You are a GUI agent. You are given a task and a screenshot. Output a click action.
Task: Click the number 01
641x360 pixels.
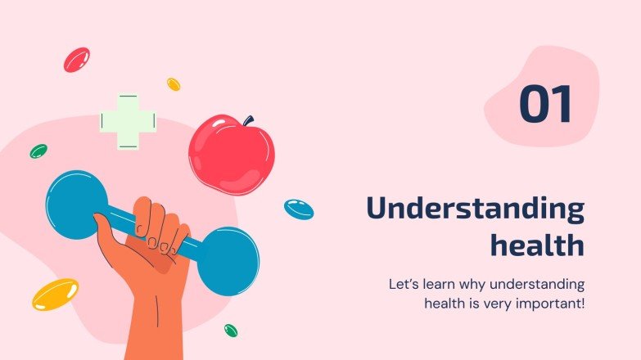545,106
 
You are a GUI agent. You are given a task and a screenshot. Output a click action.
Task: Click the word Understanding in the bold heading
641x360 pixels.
475,209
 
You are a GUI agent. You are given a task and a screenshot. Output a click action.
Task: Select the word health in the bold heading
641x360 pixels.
537,244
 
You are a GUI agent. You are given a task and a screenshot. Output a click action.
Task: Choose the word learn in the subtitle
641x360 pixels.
442,286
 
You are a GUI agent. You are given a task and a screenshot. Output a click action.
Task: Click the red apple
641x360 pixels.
230,155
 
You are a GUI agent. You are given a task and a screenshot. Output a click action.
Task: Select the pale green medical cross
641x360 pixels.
127,121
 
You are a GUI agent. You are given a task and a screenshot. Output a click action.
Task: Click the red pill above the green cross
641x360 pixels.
76,59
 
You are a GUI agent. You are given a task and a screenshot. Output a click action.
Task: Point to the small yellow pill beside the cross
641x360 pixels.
174,83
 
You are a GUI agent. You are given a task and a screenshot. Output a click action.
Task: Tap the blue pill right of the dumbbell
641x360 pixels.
299,209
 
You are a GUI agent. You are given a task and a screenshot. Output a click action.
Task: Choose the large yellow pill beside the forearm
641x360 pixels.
55,294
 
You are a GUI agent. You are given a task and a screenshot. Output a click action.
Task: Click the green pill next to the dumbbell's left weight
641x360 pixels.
38,151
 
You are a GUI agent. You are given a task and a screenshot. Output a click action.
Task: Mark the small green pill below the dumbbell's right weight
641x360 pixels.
231,331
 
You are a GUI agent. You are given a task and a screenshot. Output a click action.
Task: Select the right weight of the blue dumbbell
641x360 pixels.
228,261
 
